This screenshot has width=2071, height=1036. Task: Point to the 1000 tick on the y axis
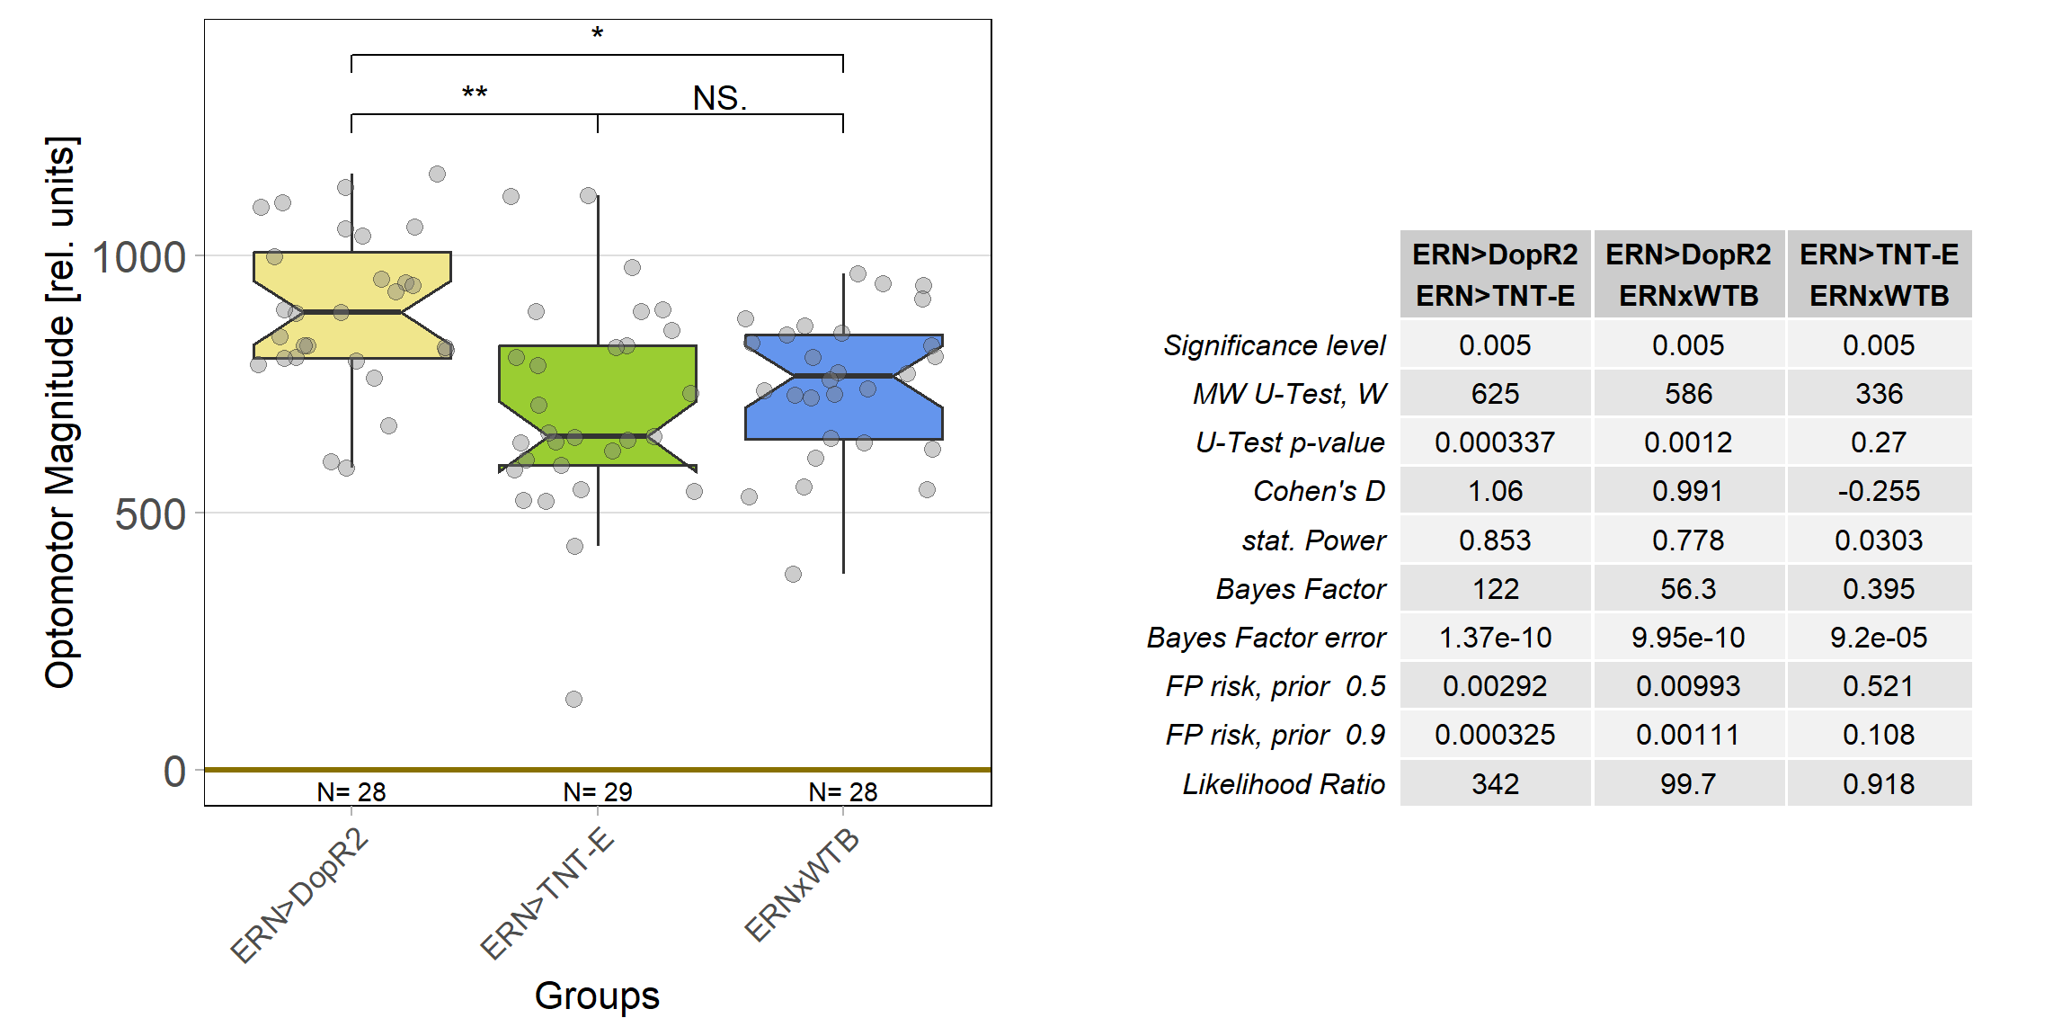point(139,257)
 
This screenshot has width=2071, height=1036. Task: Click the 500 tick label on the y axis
point(150,515)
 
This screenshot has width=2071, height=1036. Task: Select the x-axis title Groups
point(597,996)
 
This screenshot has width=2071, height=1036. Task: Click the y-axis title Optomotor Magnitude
point(61,414)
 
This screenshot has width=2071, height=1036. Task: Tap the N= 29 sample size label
point(598,791)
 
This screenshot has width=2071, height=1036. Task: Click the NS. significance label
point(719,98)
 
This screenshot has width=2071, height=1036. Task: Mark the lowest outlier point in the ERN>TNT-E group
point(573,699)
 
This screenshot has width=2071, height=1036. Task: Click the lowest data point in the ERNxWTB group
point(793,574)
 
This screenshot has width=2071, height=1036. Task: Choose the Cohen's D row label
point(1319,491)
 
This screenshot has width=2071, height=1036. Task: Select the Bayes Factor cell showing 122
point(1495,589)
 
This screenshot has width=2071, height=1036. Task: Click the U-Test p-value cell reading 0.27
point(1879,442)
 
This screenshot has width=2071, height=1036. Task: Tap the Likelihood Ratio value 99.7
point(1688,784)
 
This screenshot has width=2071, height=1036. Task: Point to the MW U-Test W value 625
point(1495,394)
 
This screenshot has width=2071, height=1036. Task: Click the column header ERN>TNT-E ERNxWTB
point(1879,274)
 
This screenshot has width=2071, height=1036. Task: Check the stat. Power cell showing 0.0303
point(1879,540)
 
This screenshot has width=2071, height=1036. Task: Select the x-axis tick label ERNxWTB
point(803,886)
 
